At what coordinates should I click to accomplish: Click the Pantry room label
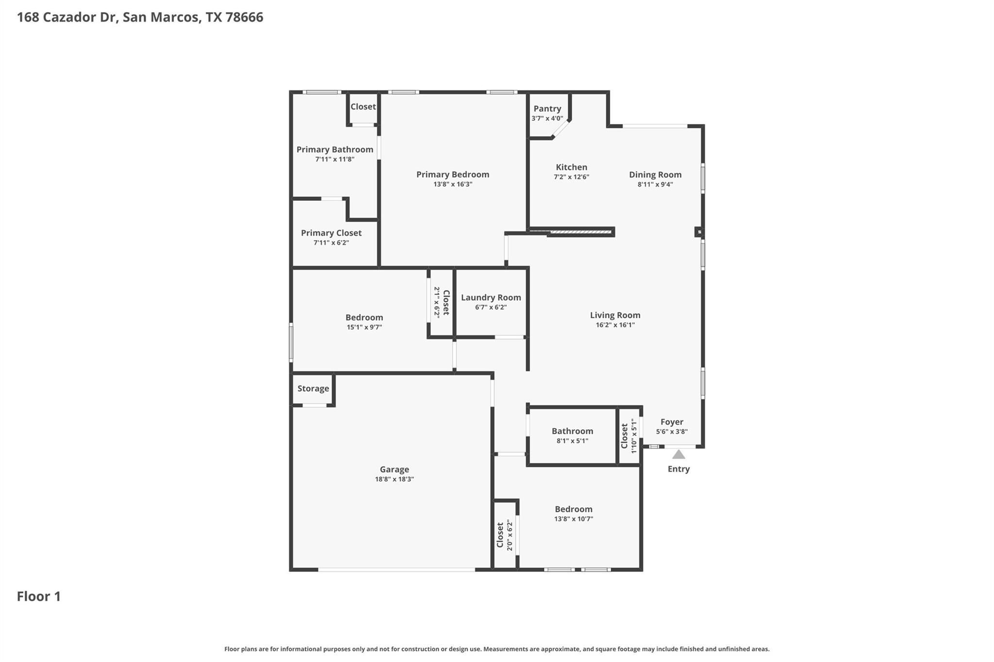pyautogui.click(x=547, y=109)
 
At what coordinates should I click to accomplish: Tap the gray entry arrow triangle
pyautogui.click(x=679, y=454)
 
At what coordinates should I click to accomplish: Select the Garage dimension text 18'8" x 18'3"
pyautogui.click(x=394, y=479)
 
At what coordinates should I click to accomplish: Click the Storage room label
pyautogui.click(x=313, y=388)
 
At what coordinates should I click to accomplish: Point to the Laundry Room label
pyautogui.click(x=491, y=297)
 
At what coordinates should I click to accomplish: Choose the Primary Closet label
pyautogui.click(x=331, y=233)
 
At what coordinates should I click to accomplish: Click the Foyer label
pyautogui.click(x=672, y=422)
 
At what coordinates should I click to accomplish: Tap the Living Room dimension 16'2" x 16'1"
pyautogui.click(x=615, y=325)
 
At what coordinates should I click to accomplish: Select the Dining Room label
pyautogui.click(x=655, y=175)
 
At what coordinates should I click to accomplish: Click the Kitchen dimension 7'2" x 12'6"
pyautogui.click(x=571, y=177)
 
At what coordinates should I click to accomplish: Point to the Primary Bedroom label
pyautogui.click(x=452, y=175)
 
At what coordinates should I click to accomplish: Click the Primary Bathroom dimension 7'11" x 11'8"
pyautogui.click(x=335, y=159)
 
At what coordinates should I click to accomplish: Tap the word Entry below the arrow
pyautogui.click(x=679, y=469)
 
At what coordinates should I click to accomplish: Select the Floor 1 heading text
pyautogui.click(x=39, y=597)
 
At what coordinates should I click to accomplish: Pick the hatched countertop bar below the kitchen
pyautogui.click(x=580, y=232)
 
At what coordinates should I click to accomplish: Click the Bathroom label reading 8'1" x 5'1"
pyautogui.click(x=572, y=431)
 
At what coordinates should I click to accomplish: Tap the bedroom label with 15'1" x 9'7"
pyautogui.click(x=364, y=318)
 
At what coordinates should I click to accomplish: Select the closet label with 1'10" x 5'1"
pyautogui.click(x=625, y=436)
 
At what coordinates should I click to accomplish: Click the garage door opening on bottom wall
pyautogui.click(x=396, y=570)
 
